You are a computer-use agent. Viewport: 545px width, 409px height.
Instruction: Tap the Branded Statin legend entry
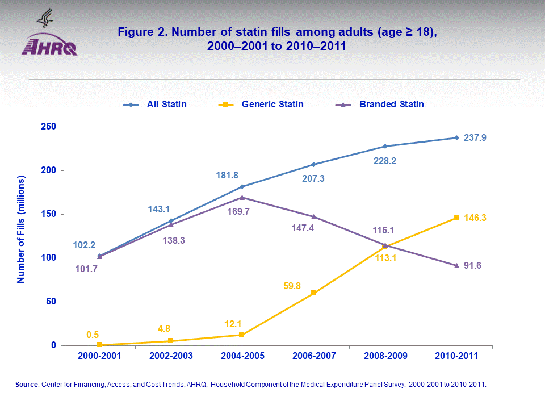pyautogui.click(x=391, y=104)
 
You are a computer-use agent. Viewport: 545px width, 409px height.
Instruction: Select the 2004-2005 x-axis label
pyautogui.click(x=242, y=356)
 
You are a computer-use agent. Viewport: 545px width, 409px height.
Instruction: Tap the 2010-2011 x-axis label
pyautogui.click(x=456, y=356)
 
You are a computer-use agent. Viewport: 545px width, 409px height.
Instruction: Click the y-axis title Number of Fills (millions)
pyautogui.click(x=21, y=229)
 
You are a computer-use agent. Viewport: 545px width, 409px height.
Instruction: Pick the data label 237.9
pyautogui.click(x=477, y=137)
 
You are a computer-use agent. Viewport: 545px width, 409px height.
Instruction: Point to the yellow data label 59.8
pyautogui.click(x=294, y=285)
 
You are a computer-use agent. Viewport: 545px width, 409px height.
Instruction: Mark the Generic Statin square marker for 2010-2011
pyautogui.click(x=456, y=218)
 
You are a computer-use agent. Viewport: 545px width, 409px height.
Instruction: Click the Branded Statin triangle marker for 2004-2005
pyautogui.click(x=242, y=197)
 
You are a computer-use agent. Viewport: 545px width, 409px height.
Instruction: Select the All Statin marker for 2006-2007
pyautogui.click(x=313, y=164)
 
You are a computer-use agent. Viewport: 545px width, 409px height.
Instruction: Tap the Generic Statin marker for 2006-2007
pyautogui.click(x=313, y=293)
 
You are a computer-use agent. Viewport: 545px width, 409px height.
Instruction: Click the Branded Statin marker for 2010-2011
pyautogui.click(x=456, y=265)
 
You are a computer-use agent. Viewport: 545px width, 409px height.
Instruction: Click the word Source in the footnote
pyautogui.click(x=26, y=385)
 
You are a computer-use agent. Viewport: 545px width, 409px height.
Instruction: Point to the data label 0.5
pyautogui.click(x=93, y=335)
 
